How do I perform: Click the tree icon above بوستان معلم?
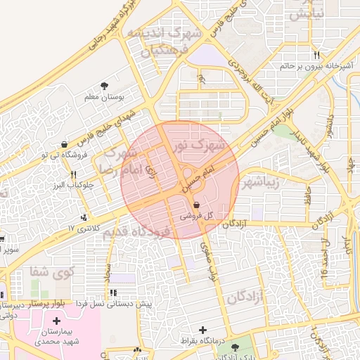coord(105,85)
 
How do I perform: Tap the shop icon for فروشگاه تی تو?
coord(65,144)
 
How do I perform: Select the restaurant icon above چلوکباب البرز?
coord(72,174)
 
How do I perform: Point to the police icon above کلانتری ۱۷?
coord(84,217)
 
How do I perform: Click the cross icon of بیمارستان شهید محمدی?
coord(56,321)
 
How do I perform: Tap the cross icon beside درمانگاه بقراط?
coord(204,330)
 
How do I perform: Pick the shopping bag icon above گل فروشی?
coord(195,205)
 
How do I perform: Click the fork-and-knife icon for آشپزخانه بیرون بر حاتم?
coord(317,55)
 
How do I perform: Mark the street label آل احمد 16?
coord(325,261)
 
